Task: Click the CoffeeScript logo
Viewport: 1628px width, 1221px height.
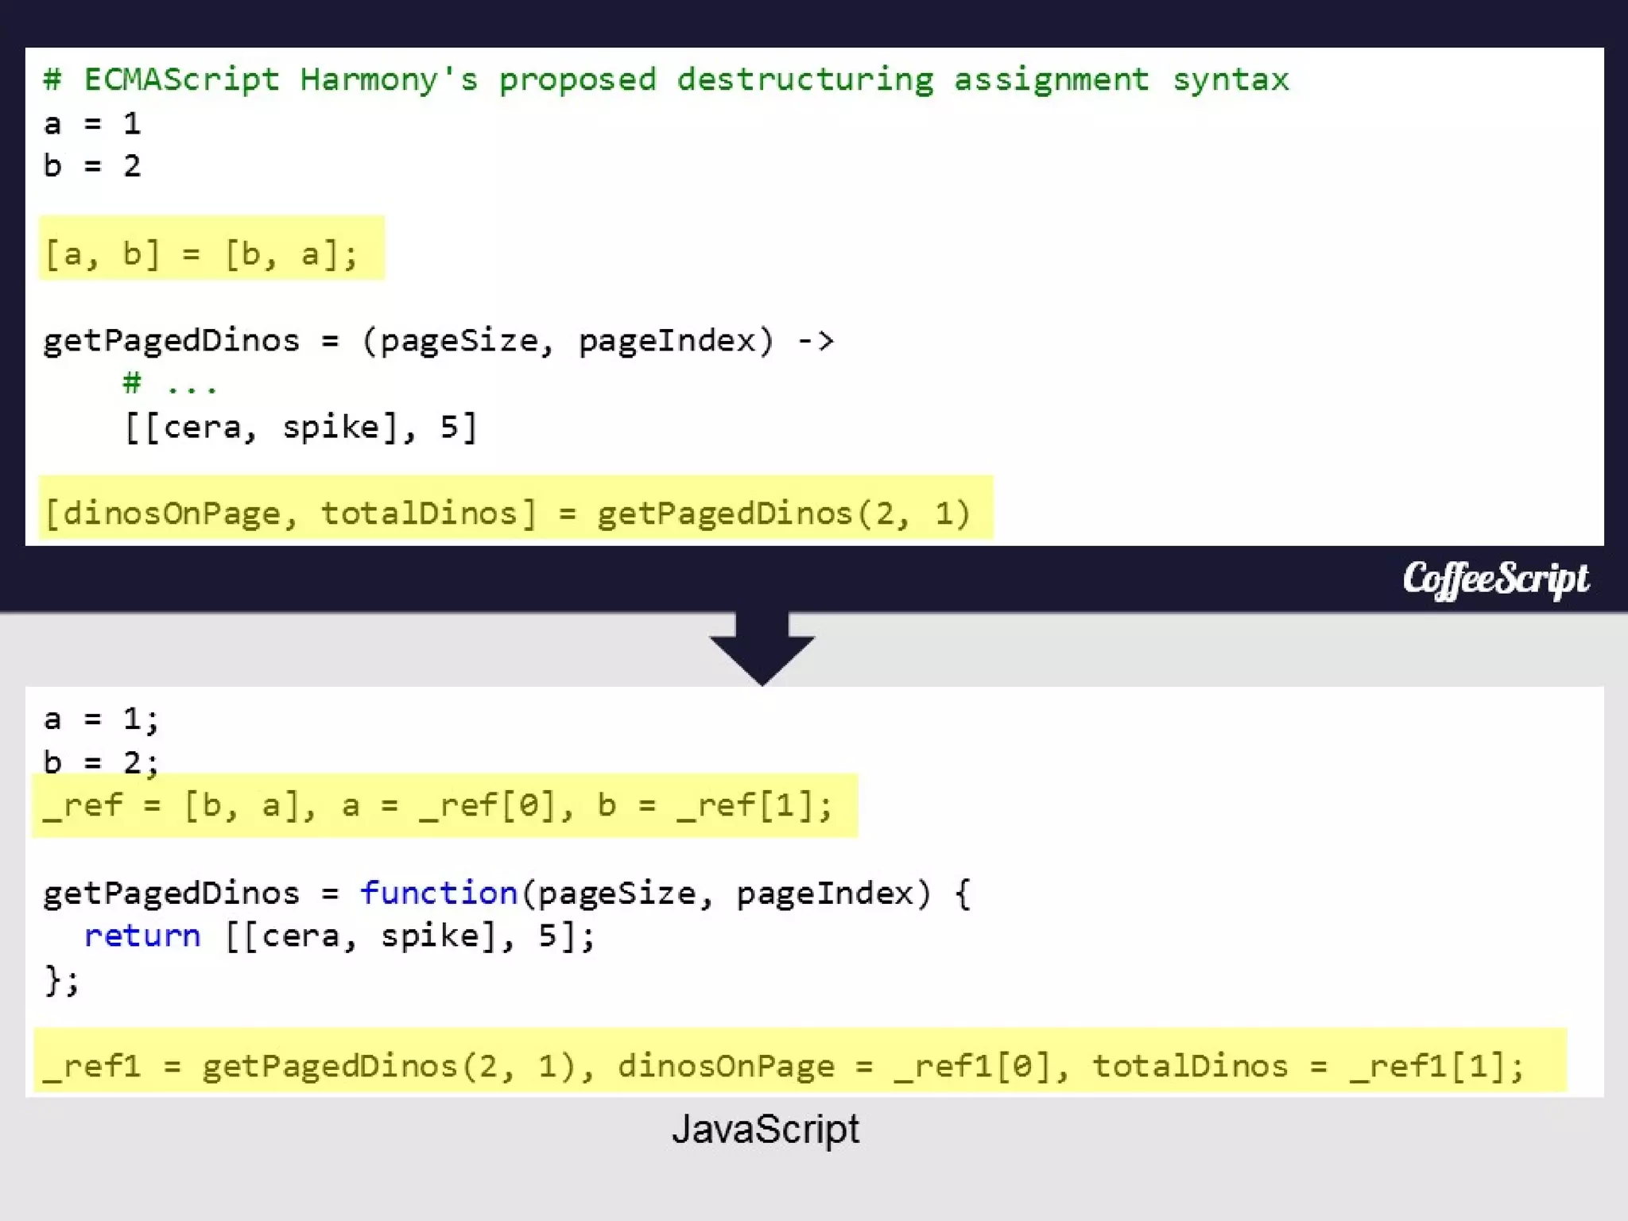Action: point(1495,579)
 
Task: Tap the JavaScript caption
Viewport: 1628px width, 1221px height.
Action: point(766,1129)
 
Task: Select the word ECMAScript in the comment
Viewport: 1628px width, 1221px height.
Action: point(182,79)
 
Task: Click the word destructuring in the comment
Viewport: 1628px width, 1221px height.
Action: point(805,79)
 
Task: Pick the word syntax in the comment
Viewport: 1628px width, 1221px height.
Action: point(1231,79)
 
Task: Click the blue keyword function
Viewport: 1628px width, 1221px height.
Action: point(439,893)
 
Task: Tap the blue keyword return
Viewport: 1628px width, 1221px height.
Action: point(142,936)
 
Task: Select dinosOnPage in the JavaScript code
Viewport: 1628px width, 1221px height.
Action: point(726,1066)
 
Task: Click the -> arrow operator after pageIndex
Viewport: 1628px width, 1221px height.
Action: point(816,341)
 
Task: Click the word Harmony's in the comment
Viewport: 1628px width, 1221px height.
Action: point(389,79)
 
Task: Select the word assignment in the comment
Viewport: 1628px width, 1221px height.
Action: point(1051,79)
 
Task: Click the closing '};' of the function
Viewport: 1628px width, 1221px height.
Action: point(62,979)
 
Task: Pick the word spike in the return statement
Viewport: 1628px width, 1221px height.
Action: point(429,936)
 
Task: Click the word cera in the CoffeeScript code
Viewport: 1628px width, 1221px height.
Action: point(202,428)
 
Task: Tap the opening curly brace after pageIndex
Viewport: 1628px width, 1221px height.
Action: point(963,893)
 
